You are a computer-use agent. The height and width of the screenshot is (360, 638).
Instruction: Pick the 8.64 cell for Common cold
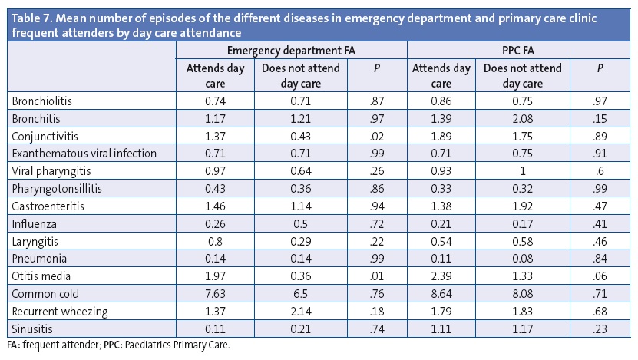[x=441, y=293]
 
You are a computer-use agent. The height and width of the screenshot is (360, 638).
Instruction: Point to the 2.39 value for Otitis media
[x=441, y=276]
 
